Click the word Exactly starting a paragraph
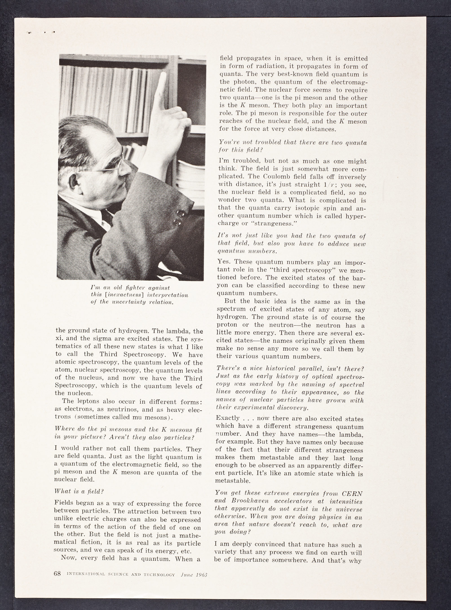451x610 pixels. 228,418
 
